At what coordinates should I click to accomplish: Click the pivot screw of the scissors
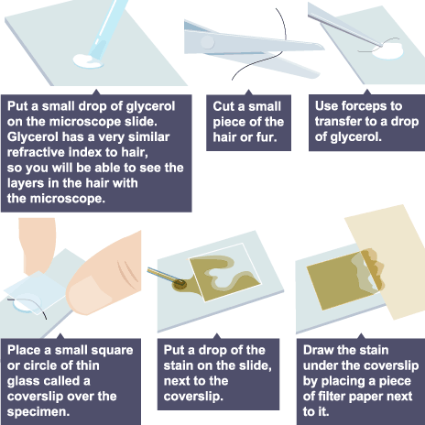(208, 42)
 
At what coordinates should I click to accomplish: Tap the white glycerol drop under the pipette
(88, 61)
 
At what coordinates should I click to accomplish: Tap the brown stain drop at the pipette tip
(180, 285)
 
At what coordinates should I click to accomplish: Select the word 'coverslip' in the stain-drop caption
(193, 397)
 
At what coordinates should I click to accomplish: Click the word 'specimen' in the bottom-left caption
(38, 412)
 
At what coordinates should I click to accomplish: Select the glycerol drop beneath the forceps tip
(387, 50)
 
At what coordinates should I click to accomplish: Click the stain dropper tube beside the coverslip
(162, 274)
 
